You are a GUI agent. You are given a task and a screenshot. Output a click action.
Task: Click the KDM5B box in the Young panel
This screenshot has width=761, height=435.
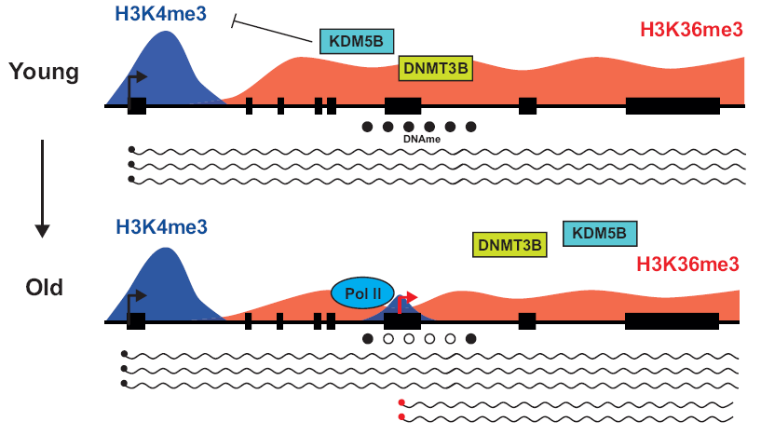[357, 42]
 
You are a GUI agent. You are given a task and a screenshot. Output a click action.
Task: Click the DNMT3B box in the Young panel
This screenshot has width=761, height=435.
[436, 68]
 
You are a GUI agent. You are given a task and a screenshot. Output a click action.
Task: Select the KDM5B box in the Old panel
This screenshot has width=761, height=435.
[600, 234]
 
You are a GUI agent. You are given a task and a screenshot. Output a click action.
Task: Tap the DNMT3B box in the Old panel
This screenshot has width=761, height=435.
[510, 245]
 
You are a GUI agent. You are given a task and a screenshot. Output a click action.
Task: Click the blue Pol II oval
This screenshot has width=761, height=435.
[362, 293]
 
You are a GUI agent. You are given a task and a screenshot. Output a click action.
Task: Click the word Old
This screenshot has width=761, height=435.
[44, 287]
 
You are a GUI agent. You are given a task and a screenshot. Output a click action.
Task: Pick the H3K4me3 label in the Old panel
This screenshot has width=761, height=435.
[161, 226]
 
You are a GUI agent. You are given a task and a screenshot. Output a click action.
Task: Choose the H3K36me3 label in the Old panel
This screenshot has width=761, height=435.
[688, 265]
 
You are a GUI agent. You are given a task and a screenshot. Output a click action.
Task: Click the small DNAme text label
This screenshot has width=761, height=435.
[421, 139]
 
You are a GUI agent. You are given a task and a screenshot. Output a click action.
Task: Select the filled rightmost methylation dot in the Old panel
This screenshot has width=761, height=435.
[470, 339]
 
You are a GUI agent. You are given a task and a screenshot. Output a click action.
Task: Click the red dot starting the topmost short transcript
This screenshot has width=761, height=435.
[401, 402]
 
